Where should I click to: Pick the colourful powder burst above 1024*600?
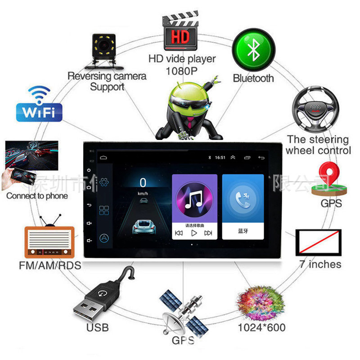point(261,301)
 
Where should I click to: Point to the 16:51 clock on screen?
point(220,158)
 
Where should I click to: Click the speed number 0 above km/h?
point(143,183)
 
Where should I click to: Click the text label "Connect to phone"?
point(37,196)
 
